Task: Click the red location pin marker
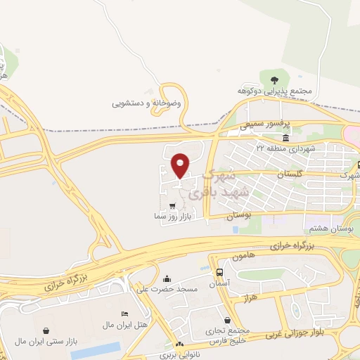[181, 165]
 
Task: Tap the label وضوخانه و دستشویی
[146, 103]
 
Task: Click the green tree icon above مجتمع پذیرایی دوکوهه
[274, 77]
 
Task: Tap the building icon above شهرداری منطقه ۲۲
[285, 137]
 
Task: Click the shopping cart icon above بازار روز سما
[173, 206]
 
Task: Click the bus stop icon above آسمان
[220, 272]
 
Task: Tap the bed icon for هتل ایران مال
[125, 313]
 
